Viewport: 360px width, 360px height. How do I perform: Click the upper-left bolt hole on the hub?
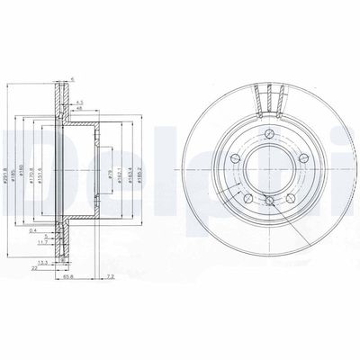tap(236, 158)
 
